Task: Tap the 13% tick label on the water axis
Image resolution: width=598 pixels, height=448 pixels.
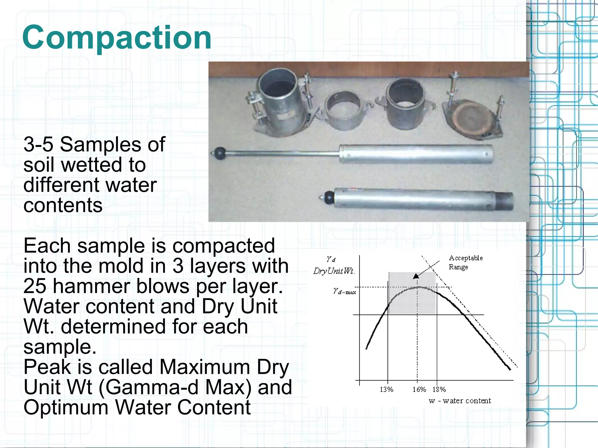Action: point(386,389)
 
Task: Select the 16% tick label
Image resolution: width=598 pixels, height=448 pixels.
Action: point(419,389)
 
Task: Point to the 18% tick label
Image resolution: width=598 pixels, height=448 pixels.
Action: point(439,389)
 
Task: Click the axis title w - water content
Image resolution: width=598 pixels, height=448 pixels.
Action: point(460,401)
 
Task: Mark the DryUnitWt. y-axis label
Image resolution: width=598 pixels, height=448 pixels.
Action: point(334,271)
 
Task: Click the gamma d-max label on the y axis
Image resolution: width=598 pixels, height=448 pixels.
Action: point(344,291)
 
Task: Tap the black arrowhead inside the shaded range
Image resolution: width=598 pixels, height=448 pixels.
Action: point(416,276)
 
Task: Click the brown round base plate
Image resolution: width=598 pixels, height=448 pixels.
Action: point(470,116)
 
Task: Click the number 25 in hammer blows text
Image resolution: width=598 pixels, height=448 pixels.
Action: point(34,286)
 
